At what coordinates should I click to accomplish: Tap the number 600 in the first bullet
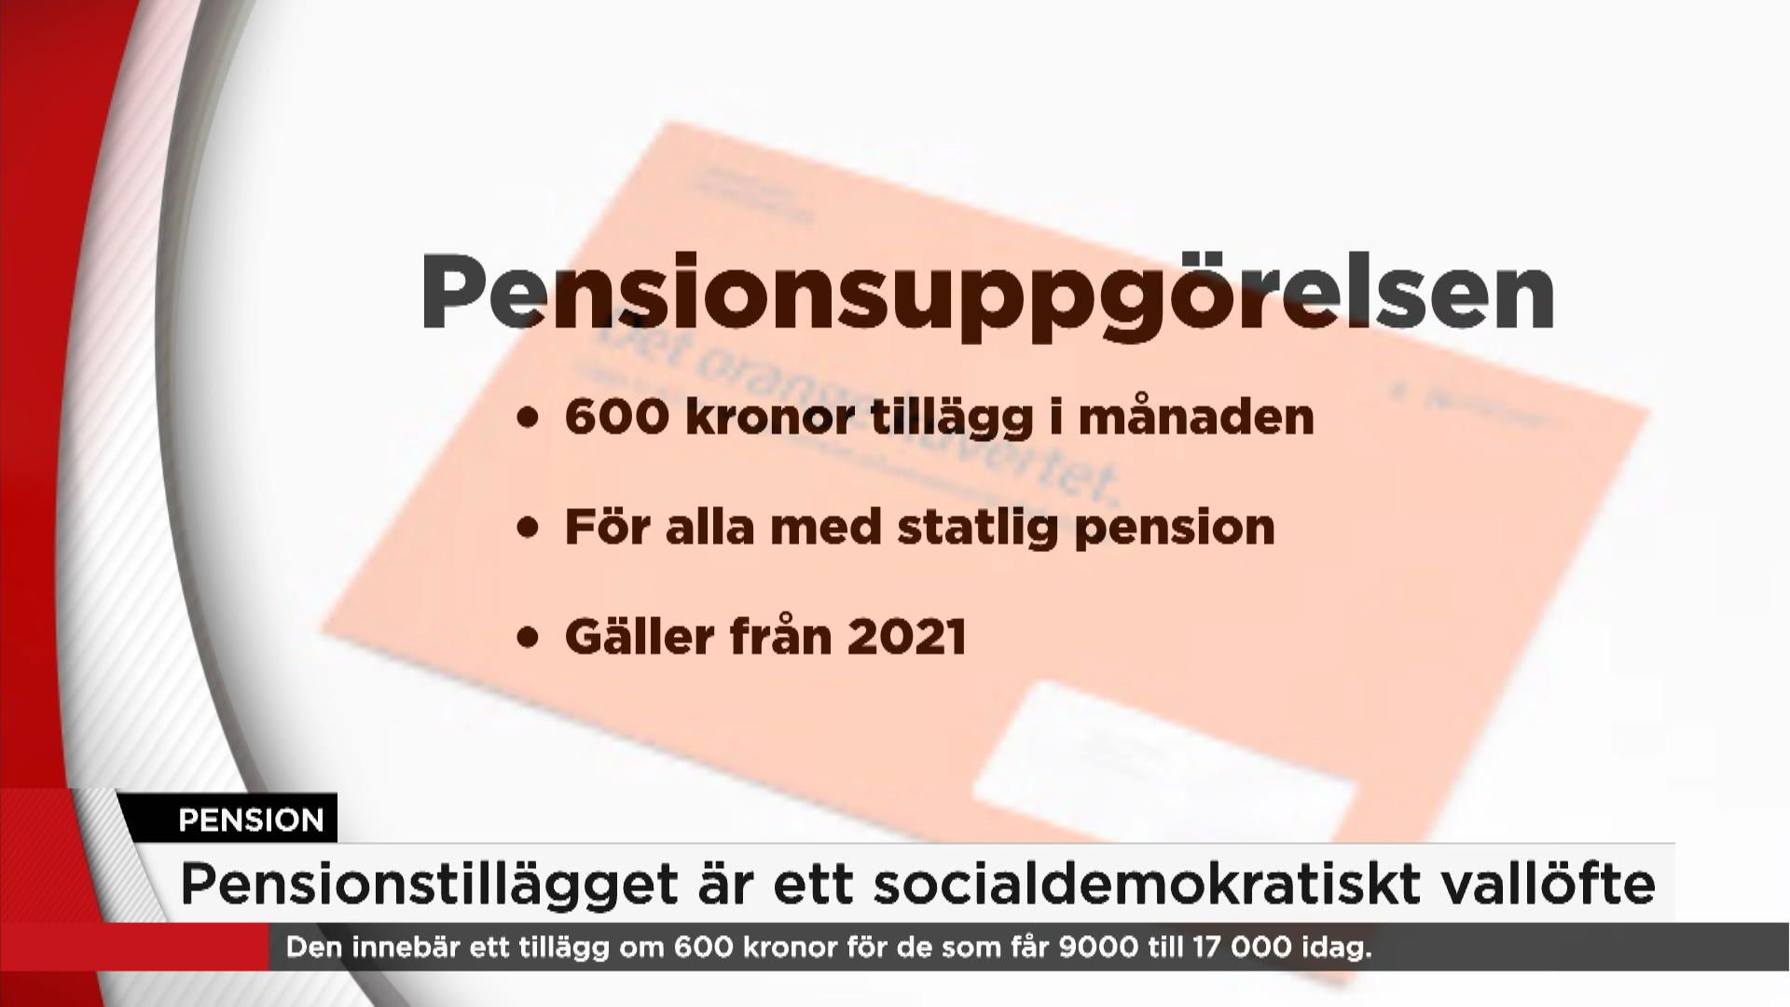(616, 417)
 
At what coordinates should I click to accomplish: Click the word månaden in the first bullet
(1196, 417)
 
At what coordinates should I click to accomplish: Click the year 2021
(907, 638)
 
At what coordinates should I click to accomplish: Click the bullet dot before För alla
(529, 529)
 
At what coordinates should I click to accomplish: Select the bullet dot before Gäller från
(529, 639)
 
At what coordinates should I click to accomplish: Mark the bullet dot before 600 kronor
(529, 419)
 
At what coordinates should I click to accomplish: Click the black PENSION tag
(251, 820)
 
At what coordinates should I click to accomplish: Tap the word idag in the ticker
(1335, 948)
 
